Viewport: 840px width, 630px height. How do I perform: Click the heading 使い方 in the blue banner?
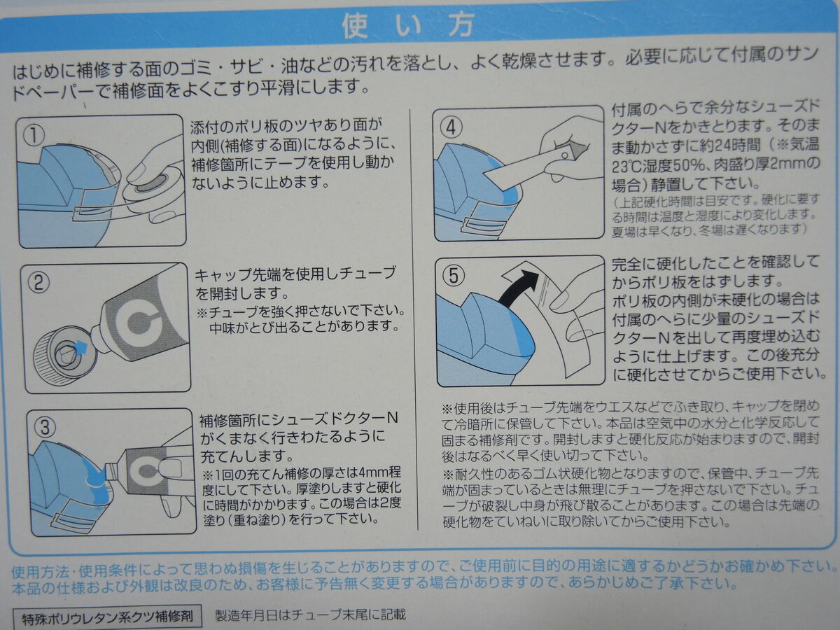pyautogui.click(x=408, y=26)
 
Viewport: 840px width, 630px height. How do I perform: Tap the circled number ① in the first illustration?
pyautogui.click(x=34, y=136)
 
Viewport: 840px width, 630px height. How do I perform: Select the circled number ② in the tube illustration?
pyautogui.click(x=39, y=283)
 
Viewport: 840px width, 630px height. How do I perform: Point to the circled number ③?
pyautogui.click(x=45, y=427)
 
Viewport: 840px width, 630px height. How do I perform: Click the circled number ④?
pyautogui.click(x=451, y=127)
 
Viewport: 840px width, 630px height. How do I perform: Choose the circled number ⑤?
pyautogui.click(x=454, y=275)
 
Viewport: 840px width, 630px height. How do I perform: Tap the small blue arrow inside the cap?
pyautogui.click(x=80, y=347)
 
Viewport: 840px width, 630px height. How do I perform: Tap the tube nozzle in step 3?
pyautogui.click(x=111, y=473)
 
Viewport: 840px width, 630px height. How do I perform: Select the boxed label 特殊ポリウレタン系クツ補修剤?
pyautogui.click(x=107, y=617)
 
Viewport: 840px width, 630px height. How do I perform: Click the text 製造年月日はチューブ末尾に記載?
pyautogui.click(x=310, y=615)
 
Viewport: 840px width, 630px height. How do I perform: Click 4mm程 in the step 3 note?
pyautogui.click(x=380, y=472)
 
